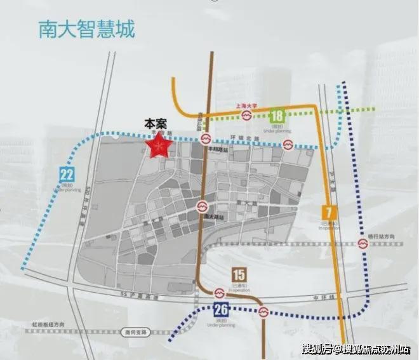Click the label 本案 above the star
(x=156, y=125)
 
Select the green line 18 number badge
(x=277, y=116)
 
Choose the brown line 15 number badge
(x=239, y=275)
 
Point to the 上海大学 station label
(x=246, y=106)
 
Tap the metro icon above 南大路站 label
(x=202, y=207)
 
